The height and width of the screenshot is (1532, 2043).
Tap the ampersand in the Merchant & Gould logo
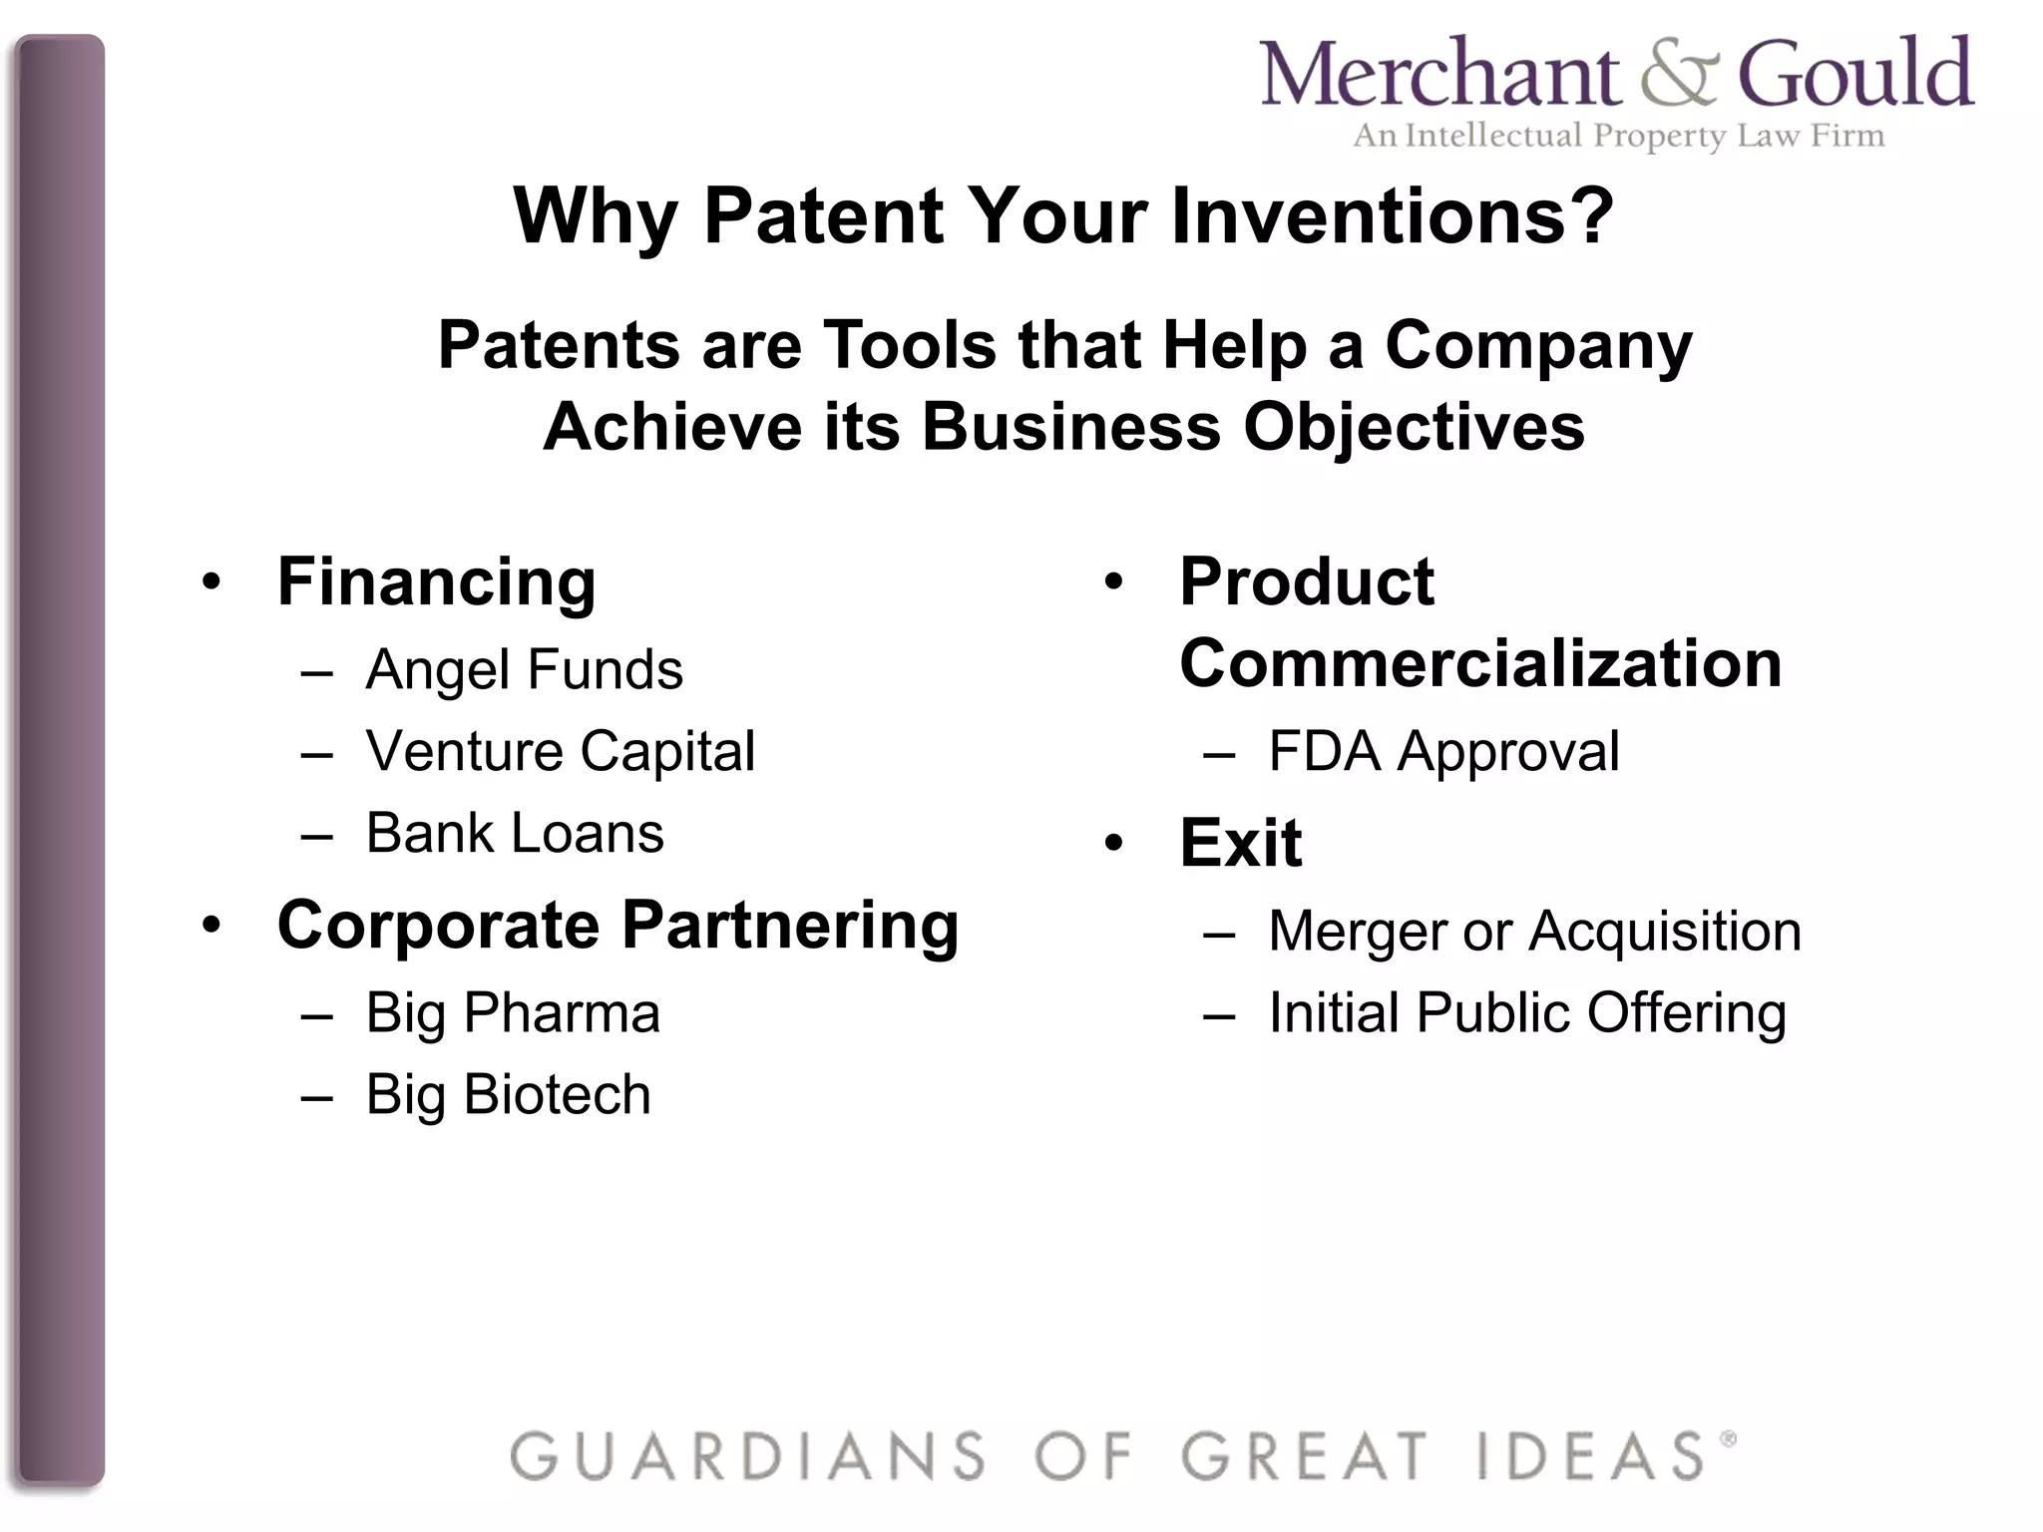pyautogui.click(x=1680, y=74)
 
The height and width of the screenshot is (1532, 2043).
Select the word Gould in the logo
pyautogui.click(x=1855, y=74)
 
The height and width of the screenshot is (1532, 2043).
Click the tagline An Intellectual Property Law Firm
pyautogui.click(x=1618, y=136)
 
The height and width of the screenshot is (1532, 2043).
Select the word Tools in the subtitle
pyautogui.click(x=910, y=345)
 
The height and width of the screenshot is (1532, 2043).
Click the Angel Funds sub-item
pyautogui.click(x=524, y=669)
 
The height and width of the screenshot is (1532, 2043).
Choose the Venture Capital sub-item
pyautogui.click(x=560, y=751)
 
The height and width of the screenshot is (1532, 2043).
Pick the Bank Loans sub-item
pyautogui.click(x=514, y=833)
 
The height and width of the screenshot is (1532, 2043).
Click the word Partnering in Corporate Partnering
pyautogui.click(x=790, y=926)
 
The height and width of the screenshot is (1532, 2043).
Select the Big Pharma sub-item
pyautogui.click(x=513, y=1013)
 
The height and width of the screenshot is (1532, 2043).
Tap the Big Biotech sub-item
pyautogui.click(x=508, y=1095)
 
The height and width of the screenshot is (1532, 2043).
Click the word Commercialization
pyautogui.click(x=1480, y=664)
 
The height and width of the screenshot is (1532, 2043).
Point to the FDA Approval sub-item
pyautogui.click(x=1443, y=751)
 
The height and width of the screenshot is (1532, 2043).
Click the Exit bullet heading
pyautogui.click(x=1240, y=843)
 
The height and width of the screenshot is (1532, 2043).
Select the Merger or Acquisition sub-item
pyautogui.click(x=1534, y=932)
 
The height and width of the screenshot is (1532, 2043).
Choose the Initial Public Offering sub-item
pyautogui.click(x=1526, y=1013)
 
